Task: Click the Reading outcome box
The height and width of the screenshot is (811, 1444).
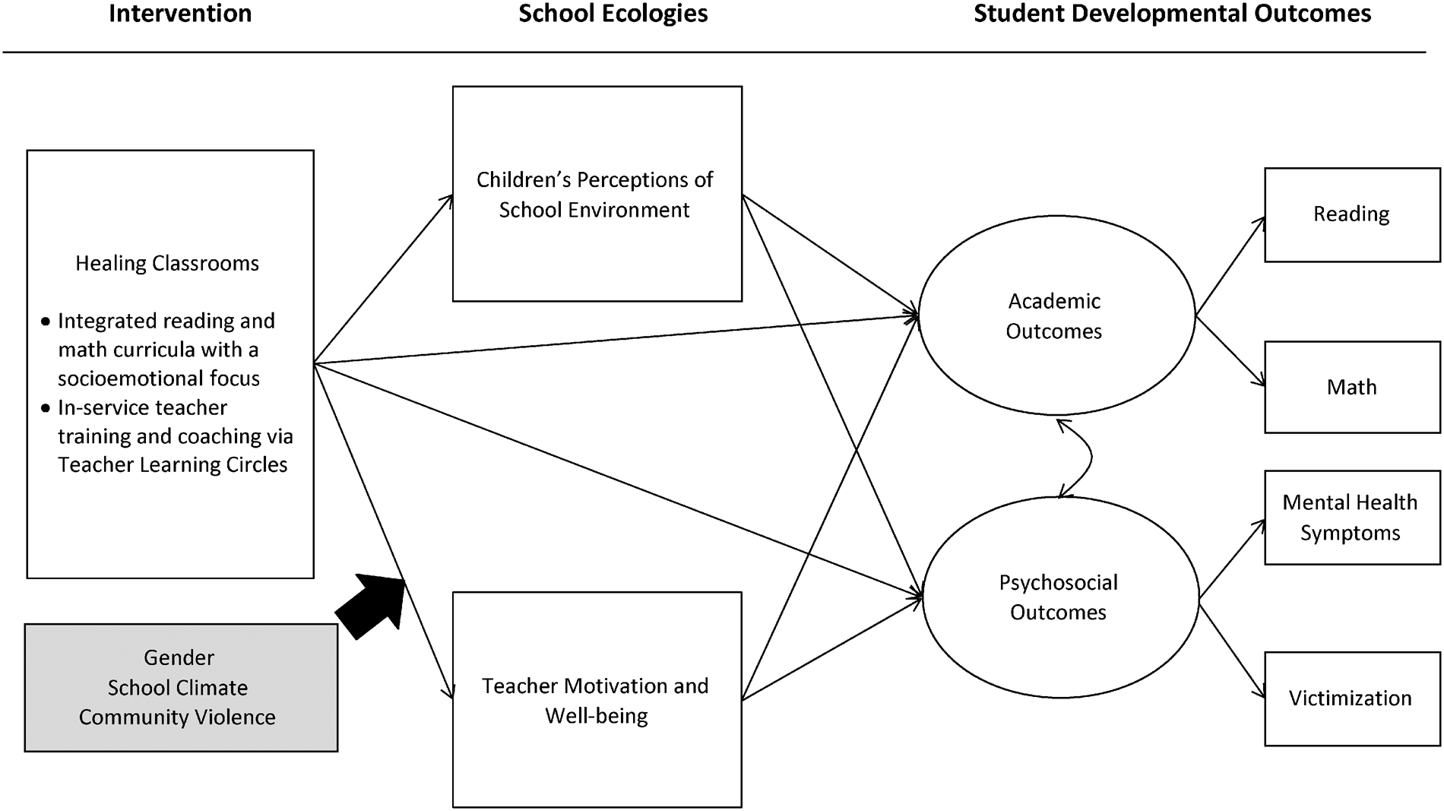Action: [x=1351, y=214]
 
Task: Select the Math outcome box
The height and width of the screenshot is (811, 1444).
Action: [x=1351, y=387]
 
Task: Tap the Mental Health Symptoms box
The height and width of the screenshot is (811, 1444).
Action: [x=1351, y=517]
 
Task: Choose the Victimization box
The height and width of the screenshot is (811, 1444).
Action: [x=1351, y=698]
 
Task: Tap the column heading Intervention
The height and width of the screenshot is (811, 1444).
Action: [x=180, y=14]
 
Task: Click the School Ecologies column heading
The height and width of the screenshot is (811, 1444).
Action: [x=613, y=14]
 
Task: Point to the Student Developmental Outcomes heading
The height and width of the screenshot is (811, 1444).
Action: [x=1172, y=14]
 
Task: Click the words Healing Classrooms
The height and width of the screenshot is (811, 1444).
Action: [x=167, y=264]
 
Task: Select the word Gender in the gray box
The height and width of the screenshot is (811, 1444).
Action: [x=179, y=657]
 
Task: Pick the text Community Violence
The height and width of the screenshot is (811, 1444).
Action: [x=177, y=718]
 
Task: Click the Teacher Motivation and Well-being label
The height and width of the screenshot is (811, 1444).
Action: [x=596, y=700]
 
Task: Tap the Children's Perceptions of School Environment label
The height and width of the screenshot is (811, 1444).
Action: [x=594, y=195]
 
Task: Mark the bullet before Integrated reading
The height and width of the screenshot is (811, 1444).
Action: [x=46, y=322]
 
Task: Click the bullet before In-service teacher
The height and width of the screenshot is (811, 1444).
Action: [x=46, y=409]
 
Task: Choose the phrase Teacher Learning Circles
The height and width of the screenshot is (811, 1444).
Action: [x=173, y=465]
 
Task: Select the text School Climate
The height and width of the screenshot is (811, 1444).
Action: [x=178, y=688]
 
